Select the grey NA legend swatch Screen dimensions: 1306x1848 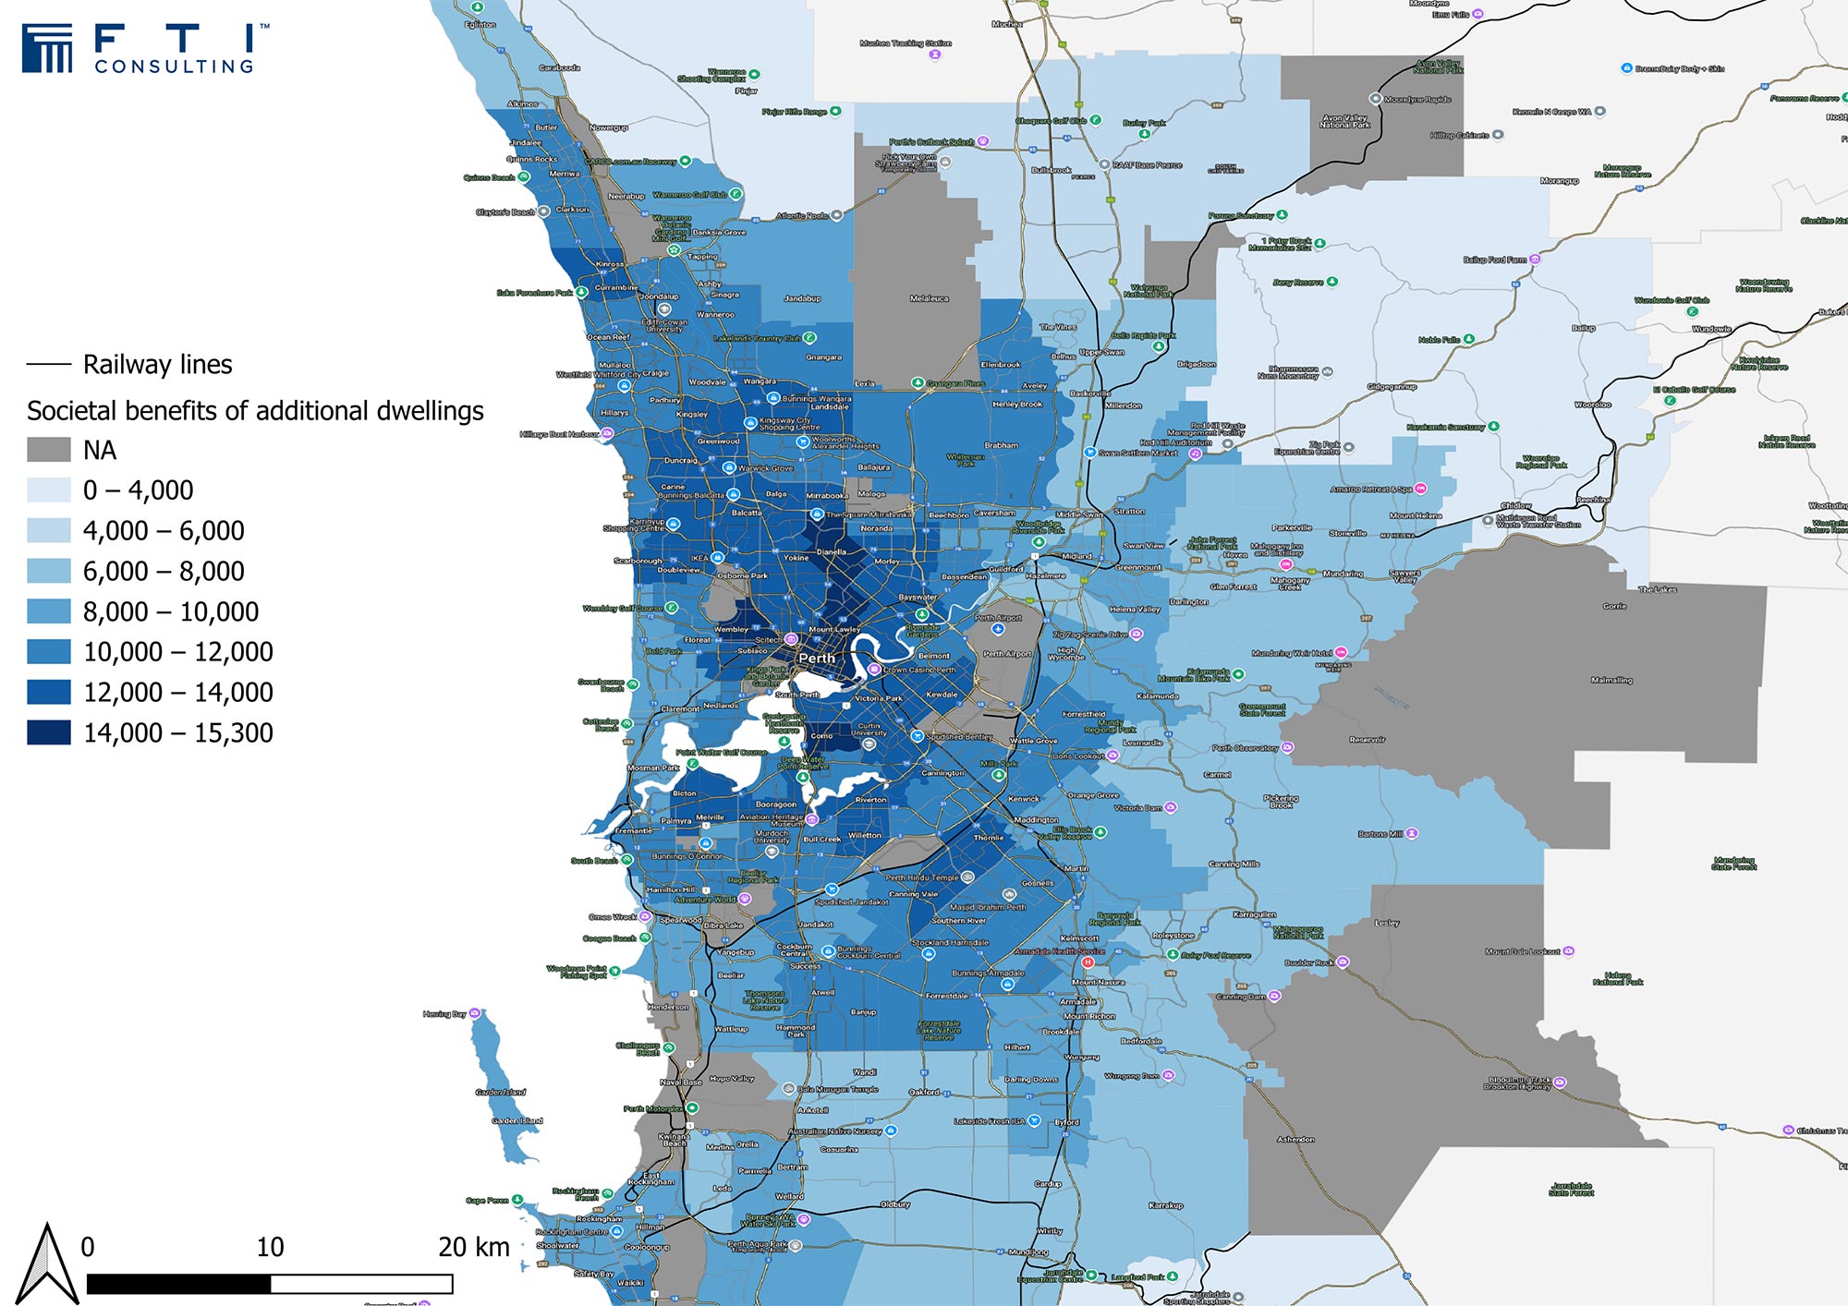click(48, 450)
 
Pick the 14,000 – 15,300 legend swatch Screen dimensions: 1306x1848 click(48, 732)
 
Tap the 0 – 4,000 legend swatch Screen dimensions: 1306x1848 click(48, 490)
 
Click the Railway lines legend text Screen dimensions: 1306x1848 click(157, 365)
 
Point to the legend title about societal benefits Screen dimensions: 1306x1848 click(255, 410)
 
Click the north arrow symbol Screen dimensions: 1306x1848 click(48, 1263)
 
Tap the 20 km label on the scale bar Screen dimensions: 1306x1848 click(473, 1247)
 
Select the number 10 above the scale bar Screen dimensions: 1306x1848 click(270, 1247)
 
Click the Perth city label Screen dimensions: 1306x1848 click(817, 659)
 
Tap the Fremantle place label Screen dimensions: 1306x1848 click(634, 830)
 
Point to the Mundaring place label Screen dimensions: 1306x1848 click(1343, 574)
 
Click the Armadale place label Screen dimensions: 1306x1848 click(1077, 1001)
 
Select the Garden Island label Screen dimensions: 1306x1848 click(517, 1120)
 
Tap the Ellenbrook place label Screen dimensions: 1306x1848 click(1000, 365)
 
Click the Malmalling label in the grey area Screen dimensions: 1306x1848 click(1611, 680)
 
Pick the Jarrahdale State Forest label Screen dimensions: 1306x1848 click(1571, 1189)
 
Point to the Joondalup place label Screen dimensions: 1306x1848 click(660, 296)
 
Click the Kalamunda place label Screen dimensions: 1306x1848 click(1157, 696)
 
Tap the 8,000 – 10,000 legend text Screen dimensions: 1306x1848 click(171, 611)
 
